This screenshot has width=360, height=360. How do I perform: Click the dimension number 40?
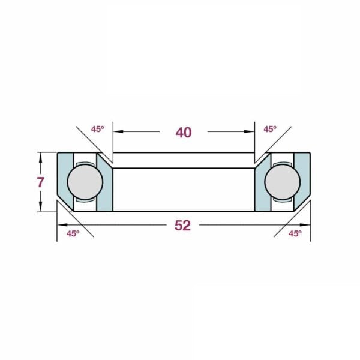click(184, 133)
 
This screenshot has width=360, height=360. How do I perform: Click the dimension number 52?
click(183, 226)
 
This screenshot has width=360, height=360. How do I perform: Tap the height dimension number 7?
click(40, 182)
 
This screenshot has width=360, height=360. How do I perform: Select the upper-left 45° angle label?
click(98, 129)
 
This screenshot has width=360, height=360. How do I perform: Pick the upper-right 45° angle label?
click(270, 129)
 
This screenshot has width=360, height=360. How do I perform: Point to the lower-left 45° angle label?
click(73, 234)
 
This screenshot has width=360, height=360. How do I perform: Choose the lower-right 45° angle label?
click(295, 234)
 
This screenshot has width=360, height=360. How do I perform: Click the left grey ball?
click(85, 182)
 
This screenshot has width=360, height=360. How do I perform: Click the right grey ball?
click(283, 182)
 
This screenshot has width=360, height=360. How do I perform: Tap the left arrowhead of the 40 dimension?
click(118, 131)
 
